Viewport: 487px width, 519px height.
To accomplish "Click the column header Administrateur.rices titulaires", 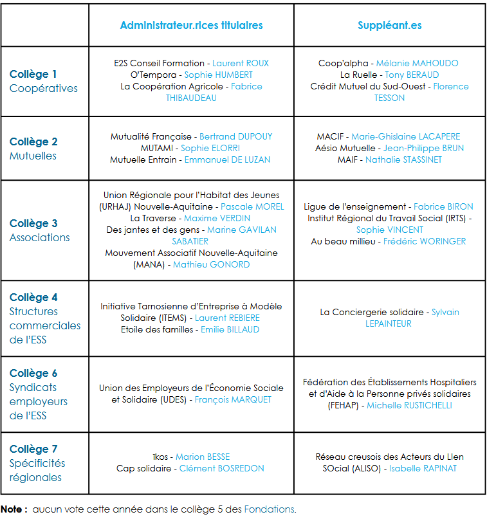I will pos(191,25).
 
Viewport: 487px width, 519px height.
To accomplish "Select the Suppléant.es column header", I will pos(390,25).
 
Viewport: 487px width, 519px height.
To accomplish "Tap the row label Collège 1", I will pos(33,74).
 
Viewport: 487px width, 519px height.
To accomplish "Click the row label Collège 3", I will pos(33,223).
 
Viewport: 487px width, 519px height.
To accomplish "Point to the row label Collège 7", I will pos(33,449).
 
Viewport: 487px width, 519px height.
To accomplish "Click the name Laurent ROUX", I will pos(241,63).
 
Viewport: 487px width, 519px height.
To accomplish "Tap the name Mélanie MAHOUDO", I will pos(418,63).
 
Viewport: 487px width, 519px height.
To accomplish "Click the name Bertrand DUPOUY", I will pos(236,136).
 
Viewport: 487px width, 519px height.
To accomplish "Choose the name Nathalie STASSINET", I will pos(403,159).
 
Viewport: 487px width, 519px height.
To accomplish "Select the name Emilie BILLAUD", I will pos(230,329).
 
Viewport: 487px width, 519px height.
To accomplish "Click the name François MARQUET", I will pos(233,399).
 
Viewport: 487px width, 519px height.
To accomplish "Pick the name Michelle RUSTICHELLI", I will pos(409,405).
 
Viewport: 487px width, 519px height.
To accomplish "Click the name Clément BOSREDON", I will pos(221,468).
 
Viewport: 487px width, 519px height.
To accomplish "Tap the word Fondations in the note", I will pos(270,509).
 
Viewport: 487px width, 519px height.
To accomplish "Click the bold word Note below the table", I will pos(13,509).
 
